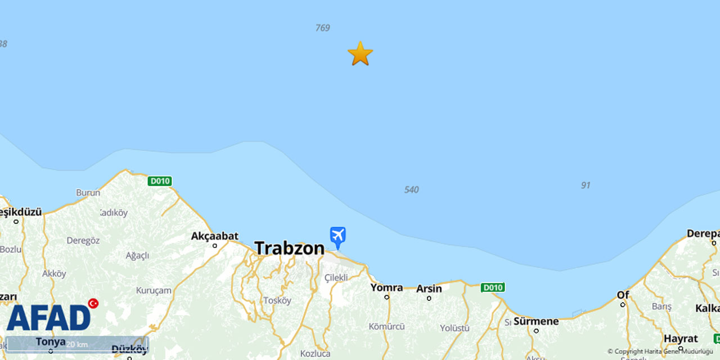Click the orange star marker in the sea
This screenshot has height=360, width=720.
[x=360, y=53]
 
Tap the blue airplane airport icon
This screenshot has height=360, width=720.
[x=337, y=236]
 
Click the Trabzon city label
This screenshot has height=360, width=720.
[x=289, y=248]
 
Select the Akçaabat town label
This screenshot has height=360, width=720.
[x=215, y=236]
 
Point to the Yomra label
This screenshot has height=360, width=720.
[x=386, y=287]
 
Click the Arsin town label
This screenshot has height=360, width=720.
[x=429, y=289]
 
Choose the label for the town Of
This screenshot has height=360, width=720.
[x=623, y=295]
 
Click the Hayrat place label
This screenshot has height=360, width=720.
[x=681, y=339]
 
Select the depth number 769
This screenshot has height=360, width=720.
[x=323, y=28]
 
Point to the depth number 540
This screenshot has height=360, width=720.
[x=411, y=190]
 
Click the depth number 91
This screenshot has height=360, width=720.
[x=586, y=185]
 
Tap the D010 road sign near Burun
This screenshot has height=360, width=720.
[x=160, y=181]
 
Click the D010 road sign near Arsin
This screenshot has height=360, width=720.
[x=492, y=287]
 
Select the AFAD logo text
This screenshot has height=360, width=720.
[x=48, y=318]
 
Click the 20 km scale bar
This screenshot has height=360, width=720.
[x=77, y=344]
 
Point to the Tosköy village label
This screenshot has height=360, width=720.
[x=277, y=300]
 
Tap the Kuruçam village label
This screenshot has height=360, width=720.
[x=154, y=290]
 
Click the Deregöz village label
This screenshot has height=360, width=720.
[x=83, y=240]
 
